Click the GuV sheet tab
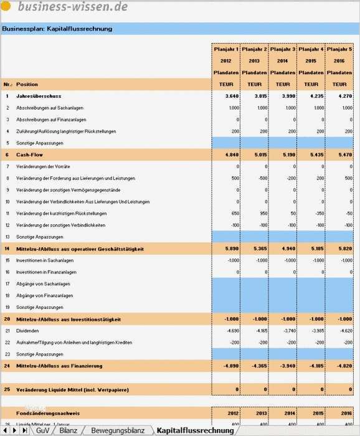point(42,430)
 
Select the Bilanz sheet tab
point(69,430)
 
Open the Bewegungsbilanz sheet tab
point(117,430)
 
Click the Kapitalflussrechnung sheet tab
point(195,430)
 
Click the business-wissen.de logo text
point(73,7)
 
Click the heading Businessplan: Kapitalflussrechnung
point(57,29)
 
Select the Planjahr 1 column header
point(225,49)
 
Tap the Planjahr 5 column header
point(339,49)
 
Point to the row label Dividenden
point(29,331)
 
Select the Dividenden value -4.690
point(230,331)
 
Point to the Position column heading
point(27,84)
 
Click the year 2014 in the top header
point(282,61)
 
